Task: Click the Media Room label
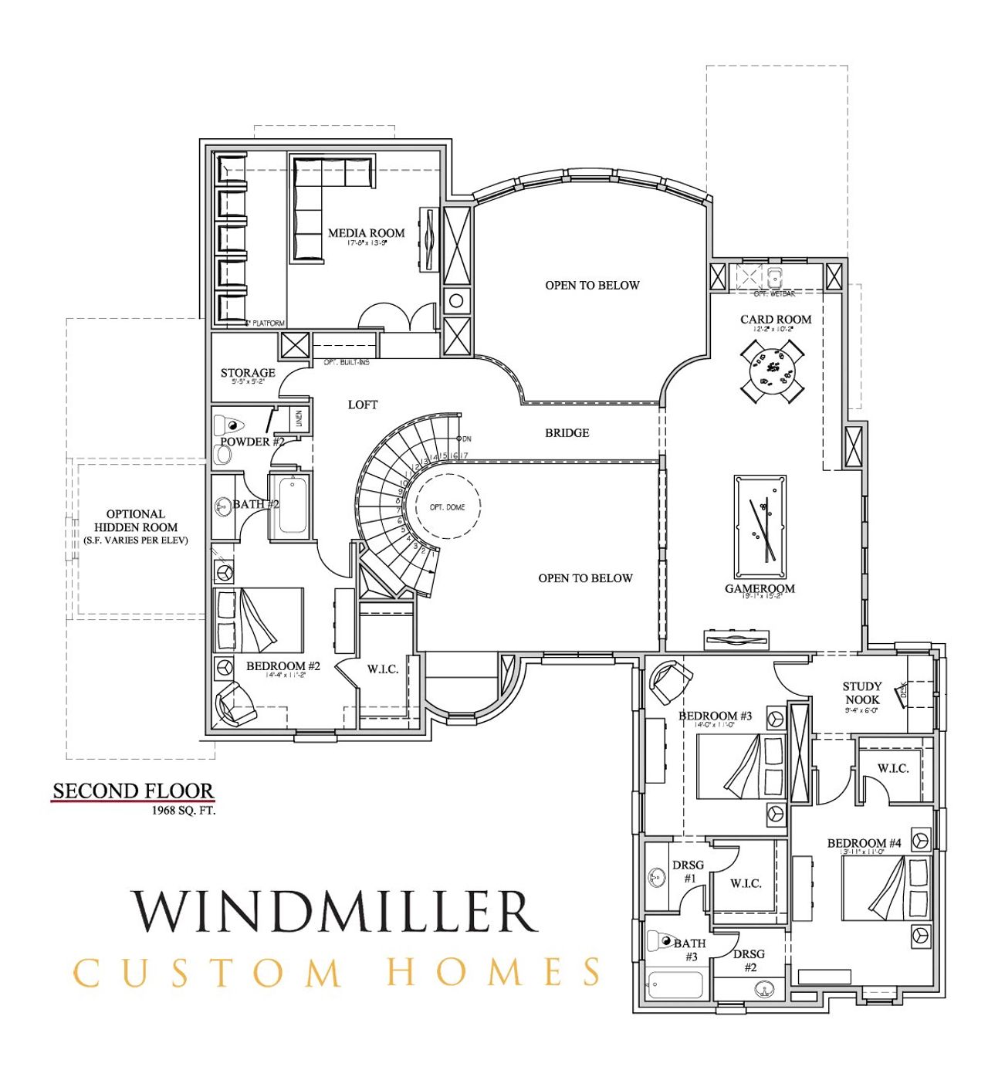pyautogui.click(x=366, y=232)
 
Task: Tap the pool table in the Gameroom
pyautogui.click(x=760, y=527)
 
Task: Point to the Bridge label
pyautogui.click(x=567, y=433)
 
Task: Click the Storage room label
pyautogui.click(x=248, y=373)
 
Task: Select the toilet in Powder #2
pyautogui.click(x=230, y=425)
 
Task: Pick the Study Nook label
pyautogui.click(x=861, y=693)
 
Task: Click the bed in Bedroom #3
pyautogui.click(x=740, y=765)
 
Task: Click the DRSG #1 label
pyautogui.click(x=689, y=872)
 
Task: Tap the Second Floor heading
pyautogui.click(x=133, y=791)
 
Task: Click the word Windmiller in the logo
pyautogui.click(x=334, y=911)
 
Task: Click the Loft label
pyautogui.click(x=362, y=405)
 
